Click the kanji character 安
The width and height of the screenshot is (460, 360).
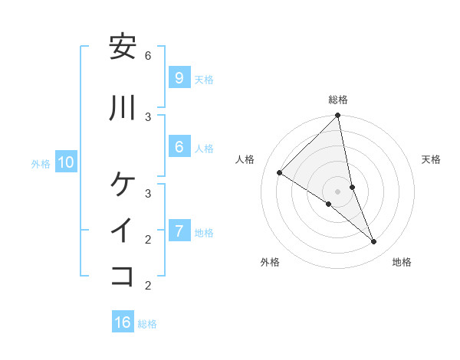coord(123,47)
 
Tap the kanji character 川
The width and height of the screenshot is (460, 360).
coord(123,108)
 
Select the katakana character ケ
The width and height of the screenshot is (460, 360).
coord(123,184)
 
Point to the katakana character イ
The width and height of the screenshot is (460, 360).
coord(123,230)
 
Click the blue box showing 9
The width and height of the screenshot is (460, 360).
coord(179,78)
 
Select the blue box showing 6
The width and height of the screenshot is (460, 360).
coord(179,147)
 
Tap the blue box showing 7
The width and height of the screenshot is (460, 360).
coord(179,231)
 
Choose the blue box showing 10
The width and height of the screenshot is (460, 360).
coord(65,162)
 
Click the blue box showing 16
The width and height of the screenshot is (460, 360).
coord(123,322)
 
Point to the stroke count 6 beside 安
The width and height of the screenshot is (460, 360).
coord(148,56)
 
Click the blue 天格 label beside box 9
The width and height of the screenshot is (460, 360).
coord(204,80)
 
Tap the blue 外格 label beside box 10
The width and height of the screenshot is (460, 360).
coord(41,164)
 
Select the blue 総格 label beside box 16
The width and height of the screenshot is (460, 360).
coord(147,324)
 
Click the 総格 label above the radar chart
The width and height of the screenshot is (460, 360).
coord(338,100)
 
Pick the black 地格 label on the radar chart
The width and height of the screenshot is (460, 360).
coord(402,262)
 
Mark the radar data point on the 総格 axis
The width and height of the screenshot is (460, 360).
coord(338,116)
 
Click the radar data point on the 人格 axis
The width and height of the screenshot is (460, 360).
coord(279,173)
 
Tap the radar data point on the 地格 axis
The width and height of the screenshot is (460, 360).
coord(374,242)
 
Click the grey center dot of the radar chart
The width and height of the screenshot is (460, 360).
coord(338,191)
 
